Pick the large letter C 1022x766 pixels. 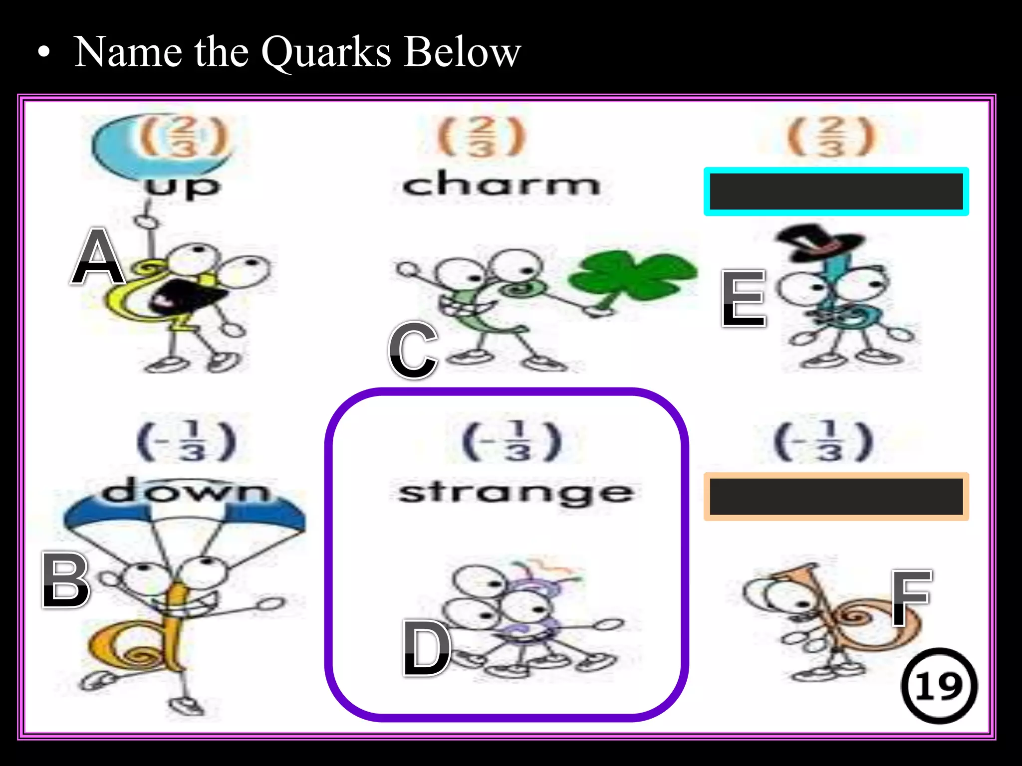(413, 350)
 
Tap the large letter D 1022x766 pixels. (427, 648)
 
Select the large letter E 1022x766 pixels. (744, 299)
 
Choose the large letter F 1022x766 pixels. (911, 598)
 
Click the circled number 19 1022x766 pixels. (939, 686)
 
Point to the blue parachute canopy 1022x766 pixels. (185, 514)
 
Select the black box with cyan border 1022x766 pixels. (836, 191)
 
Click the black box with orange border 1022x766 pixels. (836, 497)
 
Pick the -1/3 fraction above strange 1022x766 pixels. (512, 442)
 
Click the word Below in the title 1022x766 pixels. (462, 52)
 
